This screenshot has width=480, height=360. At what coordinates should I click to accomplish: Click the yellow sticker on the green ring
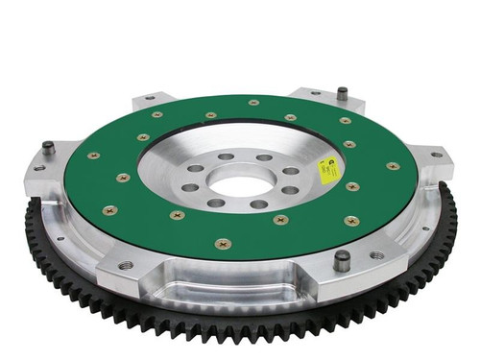(328, 170)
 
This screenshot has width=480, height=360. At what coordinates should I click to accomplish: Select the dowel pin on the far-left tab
(48, 149)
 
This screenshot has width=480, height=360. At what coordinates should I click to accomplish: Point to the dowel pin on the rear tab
(341, 94)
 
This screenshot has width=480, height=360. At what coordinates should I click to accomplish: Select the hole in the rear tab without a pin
(147, 98)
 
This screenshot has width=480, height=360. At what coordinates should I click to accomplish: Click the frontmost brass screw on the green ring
(223, 243)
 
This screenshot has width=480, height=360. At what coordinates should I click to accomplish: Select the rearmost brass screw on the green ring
(253, 103)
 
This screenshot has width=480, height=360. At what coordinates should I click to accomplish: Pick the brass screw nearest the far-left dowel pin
(93, 156)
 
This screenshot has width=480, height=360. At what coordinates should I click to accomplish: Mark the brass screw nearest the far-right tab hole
(393, 166)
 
